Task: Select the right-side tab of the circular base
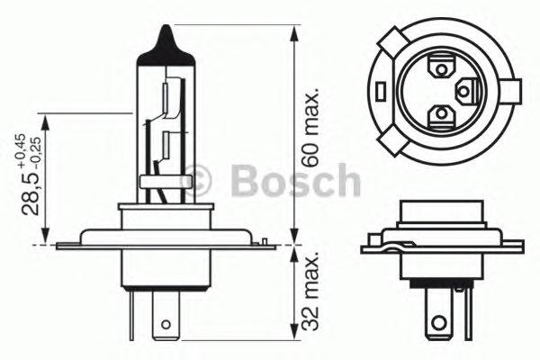pyautogui.click(x=516, y=90)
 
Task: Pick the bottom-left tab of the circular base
pyautogui.click(x=391, y=139)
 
